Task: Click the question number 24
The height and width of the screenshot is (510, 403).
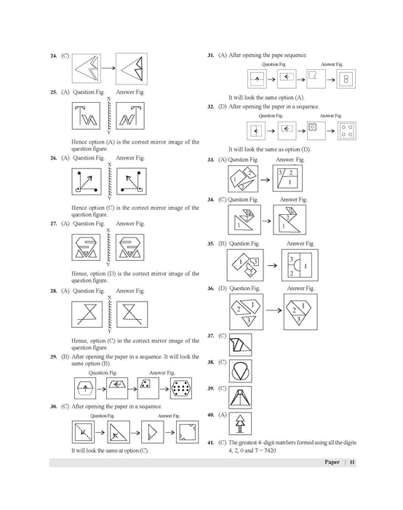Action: point(54,55)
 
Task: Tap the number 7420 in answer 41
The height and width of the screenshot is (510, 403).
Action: point(270,450)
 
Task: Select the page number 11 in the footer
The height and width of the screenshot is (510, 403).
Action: point(352,462)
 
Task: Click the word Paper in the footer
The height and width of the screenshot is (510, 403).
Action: point(332,462)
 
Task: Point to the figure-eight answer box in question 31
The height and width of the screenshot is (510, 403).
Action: point(346,79)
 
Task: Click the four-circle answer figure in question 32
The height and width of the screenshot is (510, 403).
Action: point(347,130)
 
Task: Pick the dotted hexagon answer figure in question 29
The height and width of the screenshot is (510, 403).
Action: point(181,388)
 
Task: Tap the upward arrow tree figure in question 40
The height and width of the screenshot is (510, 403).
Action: point(240,423)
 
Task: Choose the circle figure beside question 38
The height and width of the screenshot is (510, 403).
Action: point(240,371)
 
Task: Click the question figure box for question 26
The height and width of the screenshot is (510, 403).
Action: point(87,181)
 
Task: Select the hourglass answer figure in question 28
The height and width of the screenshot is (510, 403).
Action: point(132,314)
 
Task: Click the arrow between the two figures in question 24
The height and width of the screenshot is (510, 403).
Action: point(108,68)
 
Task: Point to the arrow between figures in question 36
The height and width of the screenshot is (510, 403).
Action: point(274,310)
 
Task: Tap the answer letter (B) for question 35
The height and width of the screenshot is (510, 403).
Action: point(222,243)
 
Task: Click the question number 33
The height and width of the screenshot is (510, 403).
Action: point(211,160)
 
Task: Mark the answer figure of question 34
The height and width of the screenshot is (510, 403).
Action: point(290,219)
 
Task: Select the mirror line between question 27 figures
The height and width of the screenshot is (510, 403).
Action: point(108,247)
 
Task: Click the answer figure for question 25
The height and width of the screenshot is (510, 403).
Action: point(130,116)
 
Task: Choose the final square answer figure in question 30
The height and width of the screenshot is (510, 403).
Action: point(188,432)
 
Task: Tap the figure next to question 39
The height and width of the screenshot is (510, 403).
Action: point(240,397)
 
